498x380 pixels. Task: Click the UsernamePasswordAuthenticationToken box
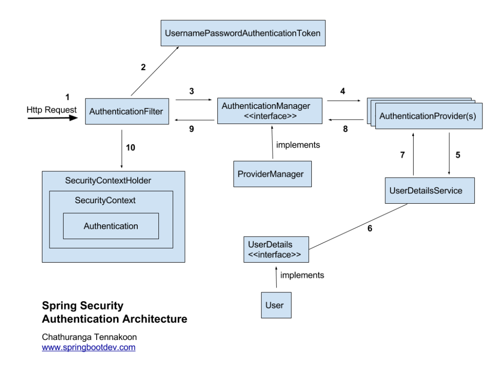[243, 33]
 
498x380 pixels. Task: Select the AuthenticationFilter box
[127, 111]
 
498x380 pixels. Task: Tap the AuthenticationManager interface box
[270, 111]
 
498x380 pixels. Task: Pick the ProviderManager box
[273, 174]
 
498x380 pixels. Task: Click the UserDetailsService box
[430, 190]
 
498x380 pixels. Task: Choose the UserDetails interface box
[276, 249]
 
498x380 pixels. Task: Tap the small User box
[276, 305]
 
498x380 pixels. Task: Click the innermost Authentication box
[111, 226]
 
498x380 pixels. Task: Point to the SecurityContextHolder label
[108, 181]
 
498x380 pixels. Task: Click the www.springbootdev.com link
[89, 347]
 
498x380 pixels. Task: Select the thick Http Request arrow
[53, 118]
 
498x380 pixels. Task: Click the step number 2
[143, 67]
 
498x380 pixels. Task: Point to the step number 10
[131, 148]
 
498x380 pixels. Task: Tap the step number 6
[370, 229]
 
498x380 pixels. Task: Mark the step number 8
[345, 129]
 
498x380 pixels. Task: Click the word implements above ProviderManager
[298, 145]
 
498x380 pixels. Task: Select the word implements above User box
[302, 275]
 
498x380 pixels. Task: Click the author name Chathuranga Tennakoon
[89, 337]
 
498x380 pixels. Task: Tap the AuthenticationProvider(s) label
[427, 116]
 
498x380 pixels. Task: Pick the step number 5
[457, 155]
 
